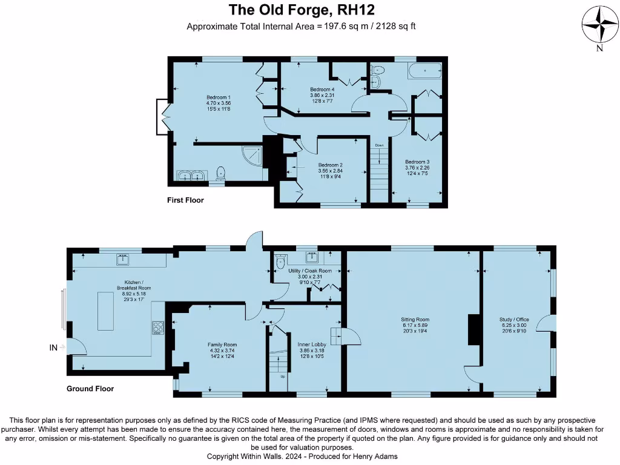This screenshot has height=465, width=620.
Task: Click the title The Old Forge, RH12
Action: click(x=301, y=10)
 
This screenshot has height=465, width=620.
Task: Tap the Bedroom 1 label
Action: click(x=218, y=97)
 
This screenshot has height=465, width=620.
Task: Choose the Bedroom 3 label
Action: click(x=417, y=162)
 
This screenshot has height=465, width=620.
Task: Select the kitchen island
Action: click(x=105, y=311)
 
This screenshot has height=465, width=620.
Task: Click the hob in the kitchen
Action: click(x=157, y=328)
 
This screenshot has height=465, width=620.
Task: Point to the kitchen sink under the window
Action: click(x=124, y=260)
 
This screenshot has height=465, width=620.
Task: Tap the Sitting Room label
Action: click(x=415, y=319)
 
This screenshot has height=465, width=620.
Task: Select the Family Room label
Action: click(x=222, y=345)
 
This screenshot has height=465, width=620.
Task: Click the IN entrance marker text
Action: click(x=53, y=348)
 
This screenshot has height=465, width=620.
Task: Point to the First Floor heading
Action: click(x=185, y=200)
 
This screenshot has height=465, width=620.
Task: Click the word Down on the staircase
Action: click(x=379, y=145)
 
